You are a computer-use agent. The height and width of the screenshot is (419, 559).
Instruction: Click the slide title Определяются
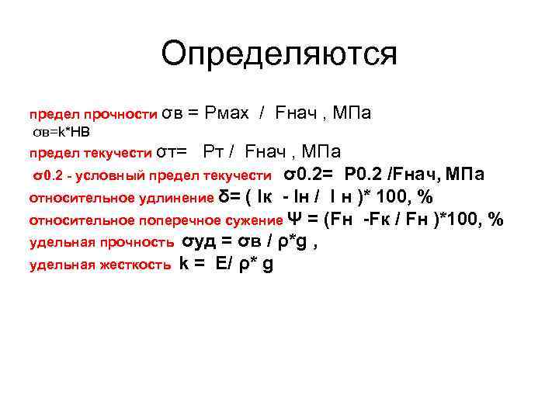(279, 54)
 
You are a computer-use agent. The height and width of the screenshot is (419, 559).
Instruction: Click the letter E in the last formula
(220, 263)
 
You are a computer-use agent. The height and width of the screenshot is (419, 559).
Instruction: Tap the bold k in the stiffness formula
(184, 263)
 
